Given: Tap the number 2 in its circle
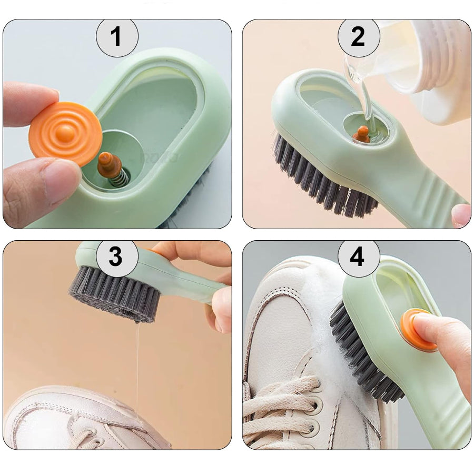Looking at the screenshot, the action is point(358,36).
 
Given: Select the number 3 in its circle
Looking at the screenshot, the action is point(115,256).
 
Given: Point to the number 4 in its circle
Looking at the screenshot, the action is point(357,257).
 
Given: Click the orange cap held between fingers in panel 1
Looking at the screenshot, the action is point(65,134).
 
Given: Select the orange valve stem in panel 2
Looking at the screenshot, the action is point(361,134).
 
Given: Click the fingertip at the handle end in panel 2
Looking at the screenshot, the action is point(461,215).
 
